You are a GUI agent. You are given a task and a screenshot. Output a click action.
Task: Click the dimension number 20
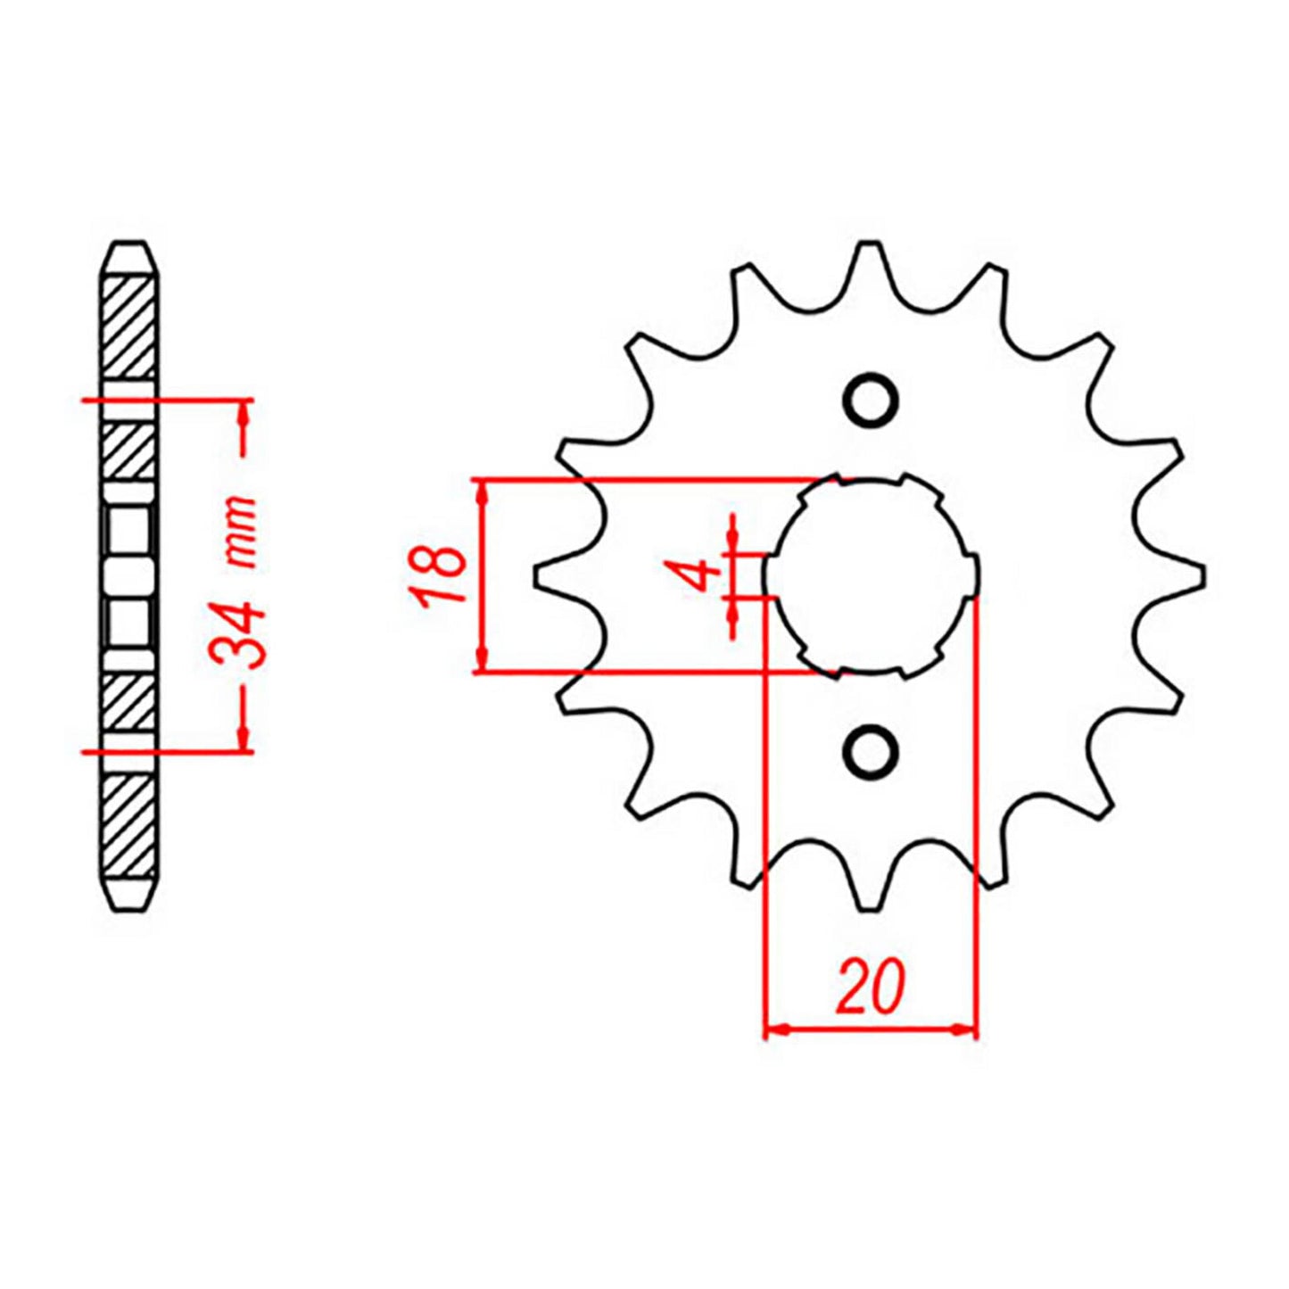click(870, 987)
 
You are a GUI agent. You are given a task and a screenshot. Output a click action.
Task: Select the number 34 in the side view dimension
click(240, 636)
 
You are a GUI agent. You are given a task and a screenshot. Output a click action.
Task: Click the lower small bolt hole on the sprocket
click(870, 750)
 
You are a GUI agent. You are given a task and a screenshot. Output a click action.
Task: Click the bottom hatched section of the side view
click(128, 821)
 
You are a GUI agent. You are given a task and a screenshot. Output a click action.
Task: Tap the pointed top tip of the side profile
click(128, 244)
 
